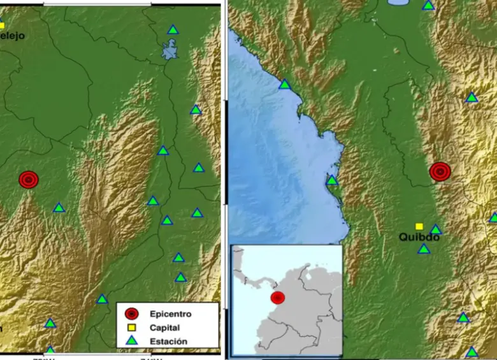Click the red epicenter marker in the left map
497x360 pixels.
(x=28, y=180)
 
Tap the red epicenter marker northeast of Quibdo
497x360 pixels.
(x=440, y=171)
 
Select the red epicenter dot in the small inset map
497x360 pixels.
(x=278, y=298)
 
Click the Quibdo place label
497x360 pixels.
(x=419, y=237)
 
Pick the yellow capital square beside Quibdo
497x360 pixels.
(x=419, y=226)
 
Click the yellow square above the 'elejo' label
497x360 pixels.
(x=2, y=25)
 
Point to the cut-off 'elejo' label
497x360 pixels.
(x=12, y=36)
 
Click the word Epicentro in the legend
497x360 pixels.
(x=170, y=313)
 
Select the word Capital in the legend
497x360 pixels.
(x=165, y=328)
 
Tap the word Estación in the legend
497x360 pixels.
(x=168, y=342)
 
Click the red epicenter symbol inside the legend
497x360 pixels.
(x=131, y=313)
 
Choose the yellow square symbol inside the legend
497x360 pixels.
(x=131, y=328)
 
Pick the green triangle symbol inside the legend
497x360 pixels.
(x=131, y=342)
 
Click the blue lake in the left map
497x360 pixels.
(x=169, y=50)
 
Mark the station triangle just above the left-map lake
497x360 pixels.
(x=173, y=29)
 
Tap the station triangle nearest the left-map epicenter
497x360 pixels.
(x=59, y=208)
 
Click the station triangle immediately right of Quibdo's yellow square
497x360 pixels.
(x=435, y=229)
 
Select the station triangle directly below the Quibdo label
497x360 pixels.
(x=424, y=249)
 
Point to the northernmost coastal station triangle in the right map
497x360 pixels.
(x=285, y=84)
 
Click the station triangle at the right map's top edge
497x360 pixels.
(x=429, y=5)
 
